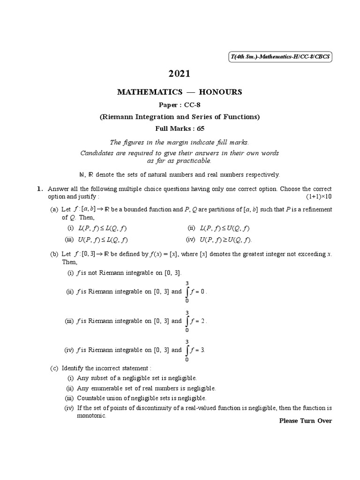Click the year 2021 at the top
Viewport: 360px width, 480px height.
point(180,74)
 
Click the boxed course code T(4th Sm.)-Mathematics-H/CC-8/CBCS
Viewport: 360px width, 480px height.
point(280,57)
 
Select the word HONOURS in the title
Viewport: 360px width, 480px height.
point(220,92)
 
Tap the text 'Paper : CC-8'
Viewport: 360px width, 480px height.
point(180,105)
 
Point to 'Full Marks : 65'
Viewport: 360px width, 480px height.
point(180,128)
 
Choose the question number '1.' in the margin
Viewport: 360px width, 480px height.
point(40,188)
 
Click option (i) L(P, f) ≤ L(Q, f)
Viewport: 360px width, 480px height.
point(97,228)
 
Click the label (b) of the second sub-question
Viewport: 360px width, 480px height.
point(54,254)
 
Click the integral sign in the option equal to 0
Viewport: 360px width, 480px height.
point(187,292)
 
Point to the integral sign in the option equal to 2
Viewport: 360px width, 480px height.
point(187,321)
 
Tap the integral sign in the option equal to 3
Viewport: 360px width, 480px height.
point(187,350)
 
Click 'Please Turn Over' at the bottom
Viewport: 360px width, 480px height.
point(305,420)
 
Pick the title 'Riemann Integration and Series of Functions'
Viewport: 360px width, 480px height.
point(180,117)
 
